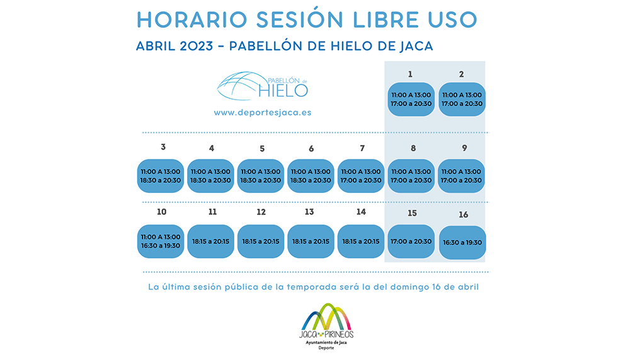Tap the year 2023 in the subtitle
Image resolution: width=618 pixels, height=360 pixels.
click(197, 46)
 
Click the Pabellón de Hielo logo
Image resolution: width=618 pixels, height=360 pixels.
click(263, 86)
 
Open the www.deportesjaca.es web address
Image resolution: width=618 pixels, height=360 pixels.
click(263, 112)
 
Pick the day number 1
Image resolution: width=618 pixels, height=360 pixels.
click(410, 74)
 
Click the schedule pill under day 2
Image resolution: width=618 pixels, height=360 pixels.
click(462, 100)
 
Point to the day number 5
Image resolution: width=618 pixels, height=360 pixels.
click(262, 149)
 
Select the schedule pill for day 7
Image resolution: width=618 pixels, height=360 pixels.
click(361, 176)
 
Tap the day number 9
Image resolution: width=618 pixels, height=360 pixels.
click(464, 148)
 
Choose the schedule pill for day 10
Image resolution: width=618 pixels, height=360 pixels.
click(161, 241)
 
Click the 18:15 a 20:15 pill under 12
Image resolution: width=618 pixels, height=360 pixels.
click(261, 241)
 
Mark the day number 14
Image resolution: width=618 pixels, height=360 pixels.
click(361, 212)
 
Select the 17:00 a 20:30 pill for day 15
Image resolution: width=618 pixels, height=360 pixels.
click(411, 241)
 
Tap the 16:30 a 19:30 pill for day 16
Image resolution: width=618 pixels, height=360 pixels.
click(462, 243)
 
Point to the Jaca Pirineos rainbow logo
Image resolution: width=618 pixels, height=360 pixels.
click(326, 321)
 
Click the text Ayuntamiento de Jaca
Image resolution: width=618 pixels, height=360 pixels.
click(326, 342)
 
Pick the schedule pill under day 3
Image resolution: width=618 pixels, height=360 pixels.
click(161, 176)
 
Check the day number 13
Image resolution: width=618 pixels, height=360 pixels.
click(309, 212)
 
